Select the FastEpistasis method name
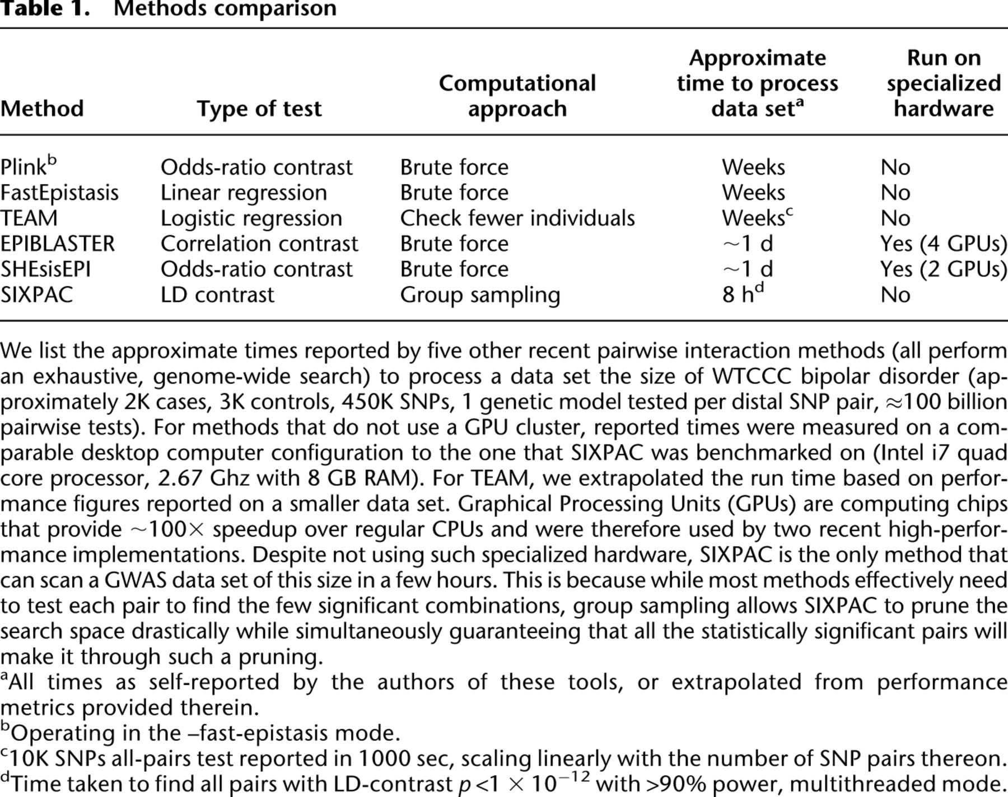(x=59, y=193)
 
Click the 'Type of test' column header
(x=259, y=109)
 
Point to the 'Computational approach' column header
(x=517, y=96)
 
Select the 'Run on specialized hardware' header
(x=944, y=83)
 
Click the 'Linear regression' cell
(x=244, y=193)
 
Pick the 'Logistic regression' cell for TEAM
(x=251, y=218)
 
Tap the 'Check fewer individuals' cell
(x=517, y=218)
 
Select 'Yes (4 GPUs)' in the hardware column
(x=944, y=244)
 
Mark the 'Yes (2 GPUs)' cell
(x=944, y=269)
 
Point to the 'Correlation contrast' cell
(x=259, y=244)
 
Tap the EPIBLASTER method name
(x=57, y=244)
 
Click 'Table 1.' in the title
(x=45, y=9)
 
